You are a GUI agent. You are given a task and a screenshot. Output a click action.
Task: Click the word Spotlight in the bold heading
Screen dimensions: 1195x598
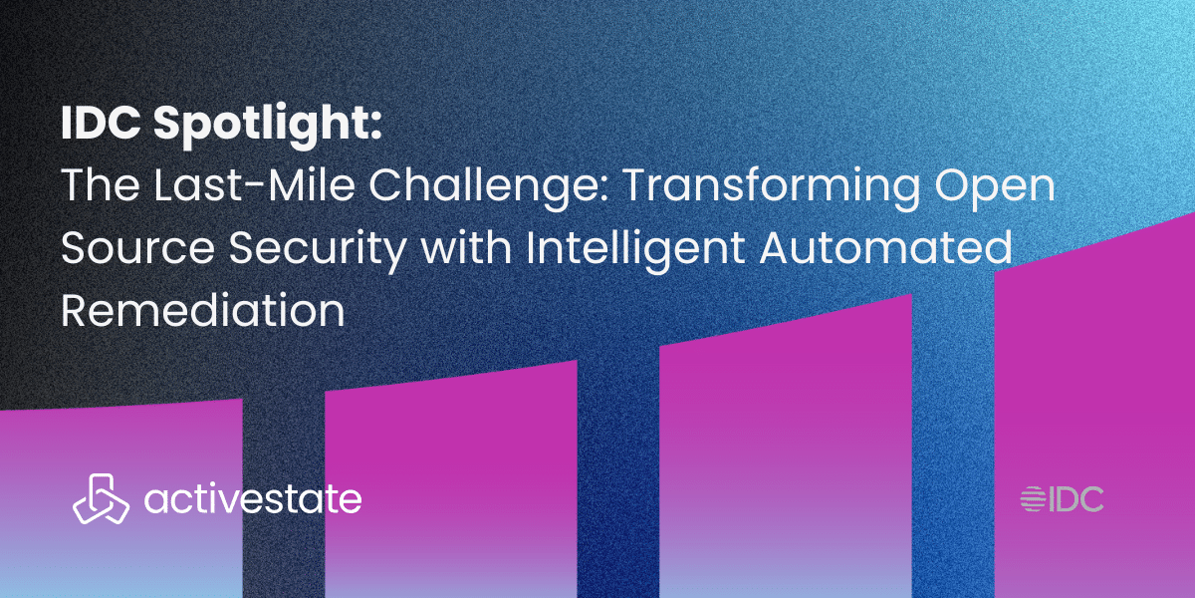coord(268,125)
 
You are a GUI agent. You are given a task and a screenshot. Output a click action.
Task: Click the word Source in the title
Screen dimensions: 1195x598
coord(138,248)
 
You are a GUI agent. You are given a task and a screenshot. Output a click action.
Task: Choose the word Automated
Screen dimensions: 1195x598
coord(885,247)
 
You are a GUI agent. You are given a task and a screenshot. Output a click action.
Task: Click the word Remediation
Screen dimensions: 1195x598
coord(203,309)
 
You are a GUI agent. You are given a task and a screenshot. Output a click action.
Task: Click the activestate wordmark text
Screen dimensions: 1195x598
coord(253,498)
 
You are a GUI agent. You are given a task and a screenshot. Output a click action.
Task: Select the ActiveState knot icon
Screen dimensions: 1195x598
coord(101,498)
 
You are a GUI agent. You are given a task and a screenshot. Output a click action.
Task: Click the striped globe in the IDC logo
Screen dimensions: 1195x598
coord(1033,499)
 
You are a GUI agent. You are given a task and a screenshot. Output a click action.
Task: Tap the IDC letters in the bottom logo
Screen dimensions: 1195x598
coord(1076,499)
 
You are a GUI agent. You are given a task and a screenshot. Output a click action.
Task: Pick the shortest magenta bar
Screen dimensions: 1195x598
coord(121,498)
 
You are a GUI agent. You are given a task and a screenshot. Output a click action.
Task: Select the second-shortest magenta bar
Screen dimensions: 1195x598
coord(451,479)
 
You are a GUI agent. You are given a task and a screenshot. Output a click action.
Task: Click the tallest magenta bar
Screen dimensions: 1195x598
coord(1094,405)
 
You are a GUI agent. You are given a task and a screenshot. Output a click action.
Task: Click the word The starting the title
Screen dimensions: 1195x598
coord(101,184)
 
